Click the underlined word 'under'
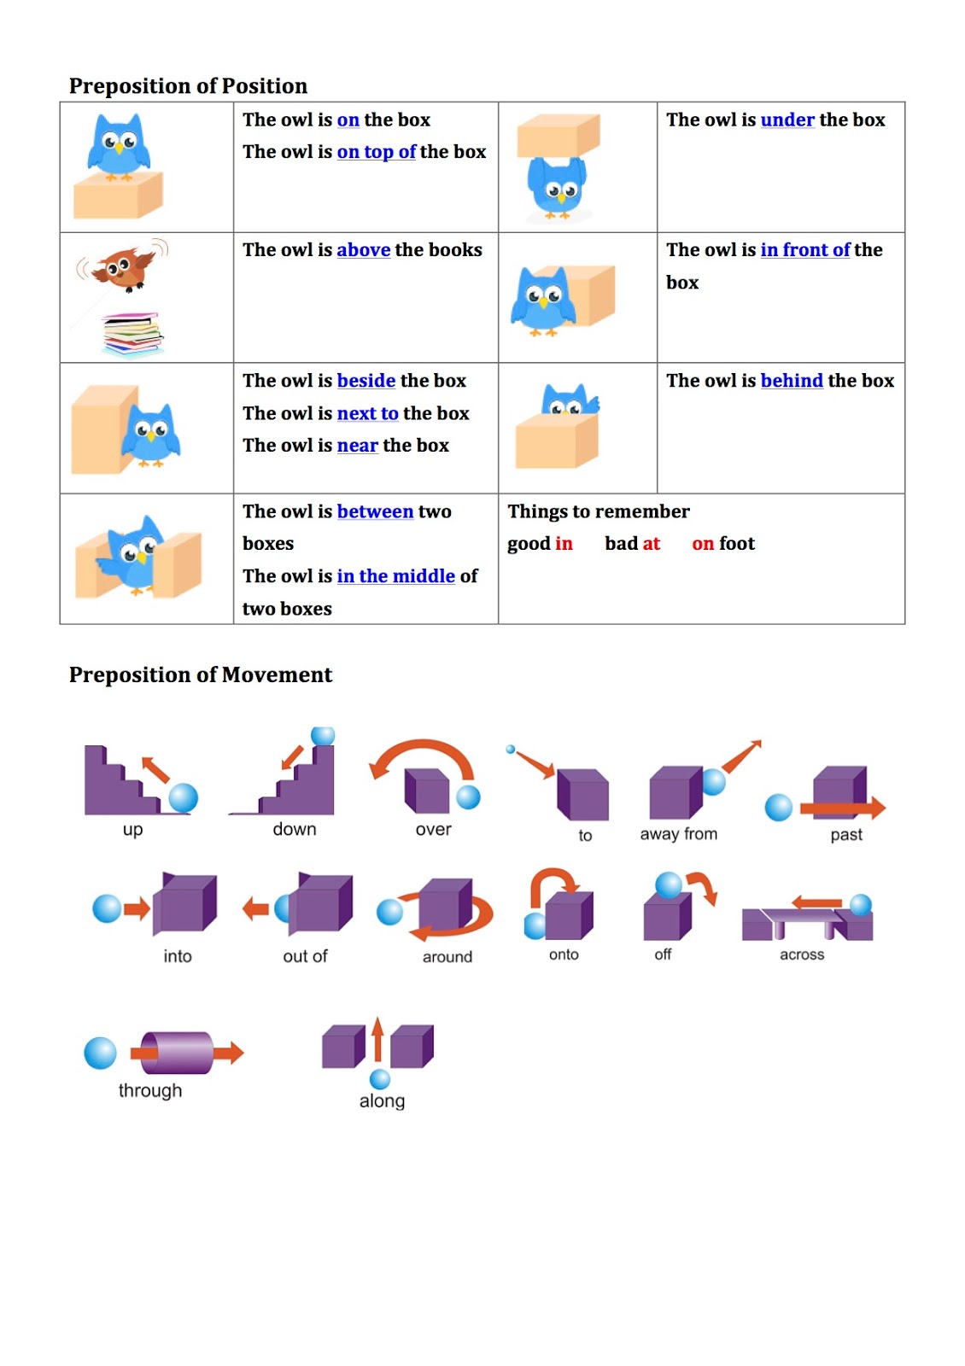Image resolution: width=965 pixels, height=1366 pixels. (x=787, y=120)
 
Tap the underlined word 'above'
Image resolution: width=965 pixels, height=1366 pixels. (x=363, y=250)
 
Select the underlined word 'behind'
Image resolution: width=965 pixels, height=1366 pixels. (x=791, y=381)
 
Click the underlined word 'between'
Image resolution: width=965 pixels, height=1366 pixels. (x=375, y=511)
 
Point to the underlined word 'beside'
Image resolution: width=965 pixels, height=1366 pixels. (x=366, y=381)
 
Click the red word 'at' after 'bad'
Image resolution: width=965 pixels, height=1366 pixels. (x=651, y=544)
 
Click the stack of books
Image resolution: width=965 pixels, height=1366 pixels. (x=132, y=334)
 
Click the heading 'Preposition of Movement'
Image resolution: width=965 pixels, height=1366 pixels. (x=200, y=675)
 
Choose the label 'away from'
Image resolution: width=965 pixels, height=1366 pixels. (x=678, y=834)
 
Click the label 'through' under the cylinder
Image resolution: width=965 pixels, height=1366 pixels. (x=150, y=1091)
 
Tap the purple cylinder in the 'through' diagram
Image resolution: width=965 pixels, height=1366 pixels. (x=178, y=1053)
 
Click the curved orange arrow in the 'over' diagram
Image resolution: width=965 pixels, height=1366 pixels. (x=422, y=750)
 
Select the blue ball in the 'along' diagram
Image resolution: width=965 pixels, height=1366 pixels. (x=380, y=1078)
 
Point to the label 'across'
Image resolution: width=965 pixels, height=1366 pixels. (x=801, y=954)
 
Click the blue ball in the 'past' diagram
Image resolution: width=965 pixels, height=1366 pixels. (x=778, y=807)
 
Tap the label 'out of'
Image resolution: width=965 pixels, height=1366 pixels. (x=305, y=956)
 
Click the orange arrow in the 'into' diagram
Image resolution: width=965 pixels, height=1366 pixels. (x=137, y=908)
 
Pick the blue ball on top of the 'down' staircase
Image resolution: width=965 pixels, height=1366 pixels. (x=323, y=735)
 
